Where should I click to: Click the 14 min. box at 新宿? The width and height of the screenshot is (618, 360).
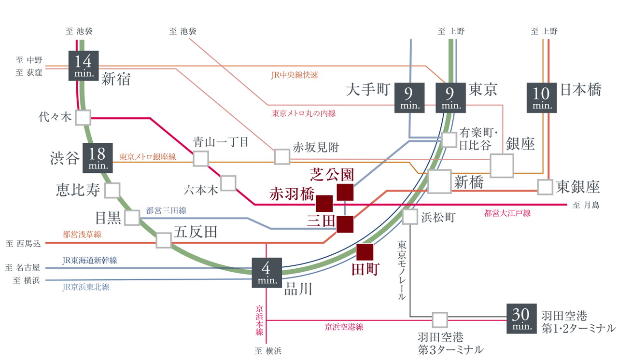pyautogui.click(x=85, y=64)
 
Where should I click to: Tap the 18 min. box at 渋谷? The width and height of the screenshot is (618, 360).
pyautogui.click(x=98, y=157)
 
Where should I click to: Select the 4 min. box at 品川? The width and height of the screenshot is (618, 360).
pyautogui.click(x=267, y=273)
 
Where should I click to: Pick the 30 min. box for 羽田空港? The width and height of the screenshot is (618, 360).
pyautogui.click(x=521, y=318)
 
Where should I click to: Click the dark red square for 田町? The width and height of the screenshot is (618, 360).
pyautogui.click(x=365, y=252)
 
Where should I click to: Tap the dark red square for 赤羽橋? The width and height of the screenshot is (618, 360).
pyautogui.click(x=324, y=204)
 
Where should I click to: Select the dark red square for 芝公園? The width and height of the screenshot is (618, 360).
pyautogui.click(x=345, y=192)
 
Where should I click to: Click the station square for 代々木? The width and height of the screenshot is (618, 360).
pyautogui.click(x=84, y=117)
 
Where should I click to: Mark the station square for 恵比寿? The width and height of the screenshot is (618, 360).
pyautogui.click(x=112, y=190)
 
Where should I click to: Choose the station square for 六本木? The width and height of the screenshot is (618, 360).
pyautogui.click(x=228, y=183)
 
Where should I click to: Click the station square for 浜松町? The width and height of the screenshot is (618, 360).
pyautogui.click(x=410, y=217)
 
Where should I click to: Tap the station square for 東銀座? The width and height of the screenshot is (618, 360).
pyautogui.click(x=545, y=187)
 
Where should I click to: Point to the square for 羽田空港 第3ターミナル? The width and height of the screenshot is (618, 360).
pyautogui.click(x=440, y=319)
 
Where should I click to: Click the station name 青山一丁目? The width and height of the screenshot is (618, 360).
pyautogui.click(x=221, y=142)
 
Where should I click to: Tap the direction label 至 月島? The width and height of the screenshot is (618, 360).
pyautogui.click(x=586, y=205)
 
